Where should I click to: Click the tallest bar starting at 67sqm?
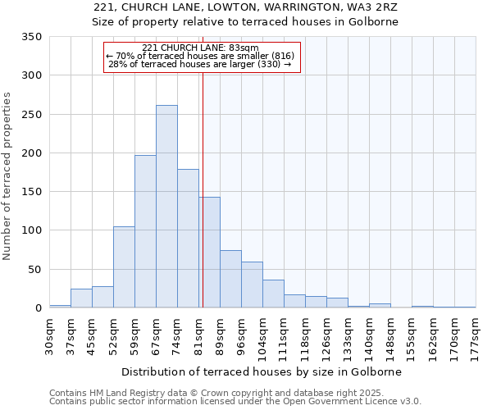pyautogui.click(x=166, y=207)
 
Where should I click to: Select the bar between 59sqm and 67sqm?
pyautogui.click(x=145, y=231)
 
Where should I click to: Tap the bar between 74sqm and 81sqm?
pyautogui.click(x=188, y=238)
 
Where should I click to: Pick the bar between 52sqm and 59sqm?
pyautogui.click(x=124, y=267)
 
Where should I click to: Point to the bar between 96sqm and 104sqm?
pyautogui.click(x=252, y=285)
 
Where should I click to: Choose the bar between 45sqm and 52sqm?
pyautogui.click(x=102, y=297)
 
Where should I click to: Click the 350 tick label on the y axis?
pyautogui.click(x=30, y=37)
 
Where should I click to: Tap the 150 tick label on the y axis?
pyautogui.click(x=30, y=192)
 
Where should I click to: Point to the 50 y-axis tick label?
pyautogui.click(x=34, y=269)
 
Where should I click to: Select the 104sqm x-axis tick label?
pyautogui.click(x=262, y=337)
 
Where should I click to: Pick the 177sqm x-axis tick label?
pyautogui.click(x=476, y=337)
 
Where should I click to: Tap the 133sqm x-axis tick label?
pyautogui.click(x=348, y=337)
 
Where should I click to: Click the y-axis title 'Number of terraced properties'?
pyautogui.click(x=7, y=176)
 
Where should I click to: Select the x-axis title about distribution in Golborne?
pyautogui.click(x=262, y=371)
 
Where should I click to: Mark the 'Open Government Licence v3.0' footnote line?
pyautogui.click(x=235, y=401)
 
